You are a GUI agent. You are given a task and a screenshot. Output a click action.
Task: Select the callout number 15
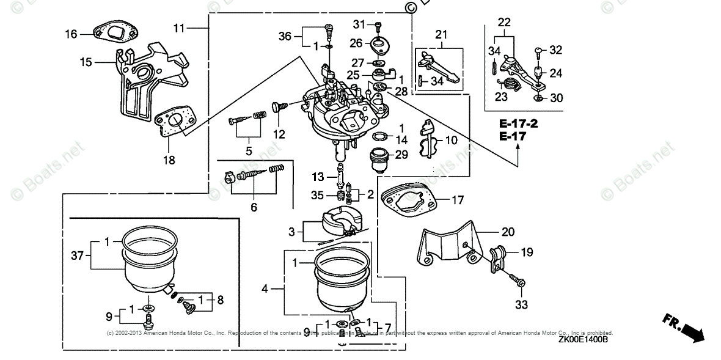coord(86,62)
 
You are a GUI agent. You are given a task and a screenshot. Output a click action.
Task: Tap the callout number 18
coord(169,161)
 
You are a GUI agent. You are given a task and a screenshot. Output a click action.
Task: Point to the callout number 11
coord(178,28)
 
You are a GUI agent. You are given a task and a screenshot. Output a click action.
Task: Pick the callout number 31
coord(359,24)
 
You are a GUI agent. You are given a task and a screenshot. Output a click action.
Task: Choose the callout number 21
coord(441,34)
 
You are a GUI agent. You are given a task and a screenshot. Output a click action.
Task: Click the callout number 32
coord(555,50)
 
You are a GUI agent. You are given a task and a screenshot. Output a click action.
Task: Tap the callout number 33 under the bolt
coord(522,304)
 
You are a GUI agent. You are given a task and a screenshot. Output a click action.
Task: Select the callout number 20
coord(508,232)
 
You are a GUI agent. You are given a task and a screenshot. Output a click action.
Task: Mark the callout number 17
coord(458,199)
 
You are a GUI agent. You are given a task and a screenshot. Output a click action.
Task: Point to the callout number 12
coord(279,134)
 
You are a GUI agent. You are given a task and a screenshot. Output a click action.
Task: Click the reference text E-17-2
coord(518,123)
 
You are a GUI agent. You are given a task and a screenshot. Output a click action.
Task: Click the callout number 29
coord(401,155)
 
